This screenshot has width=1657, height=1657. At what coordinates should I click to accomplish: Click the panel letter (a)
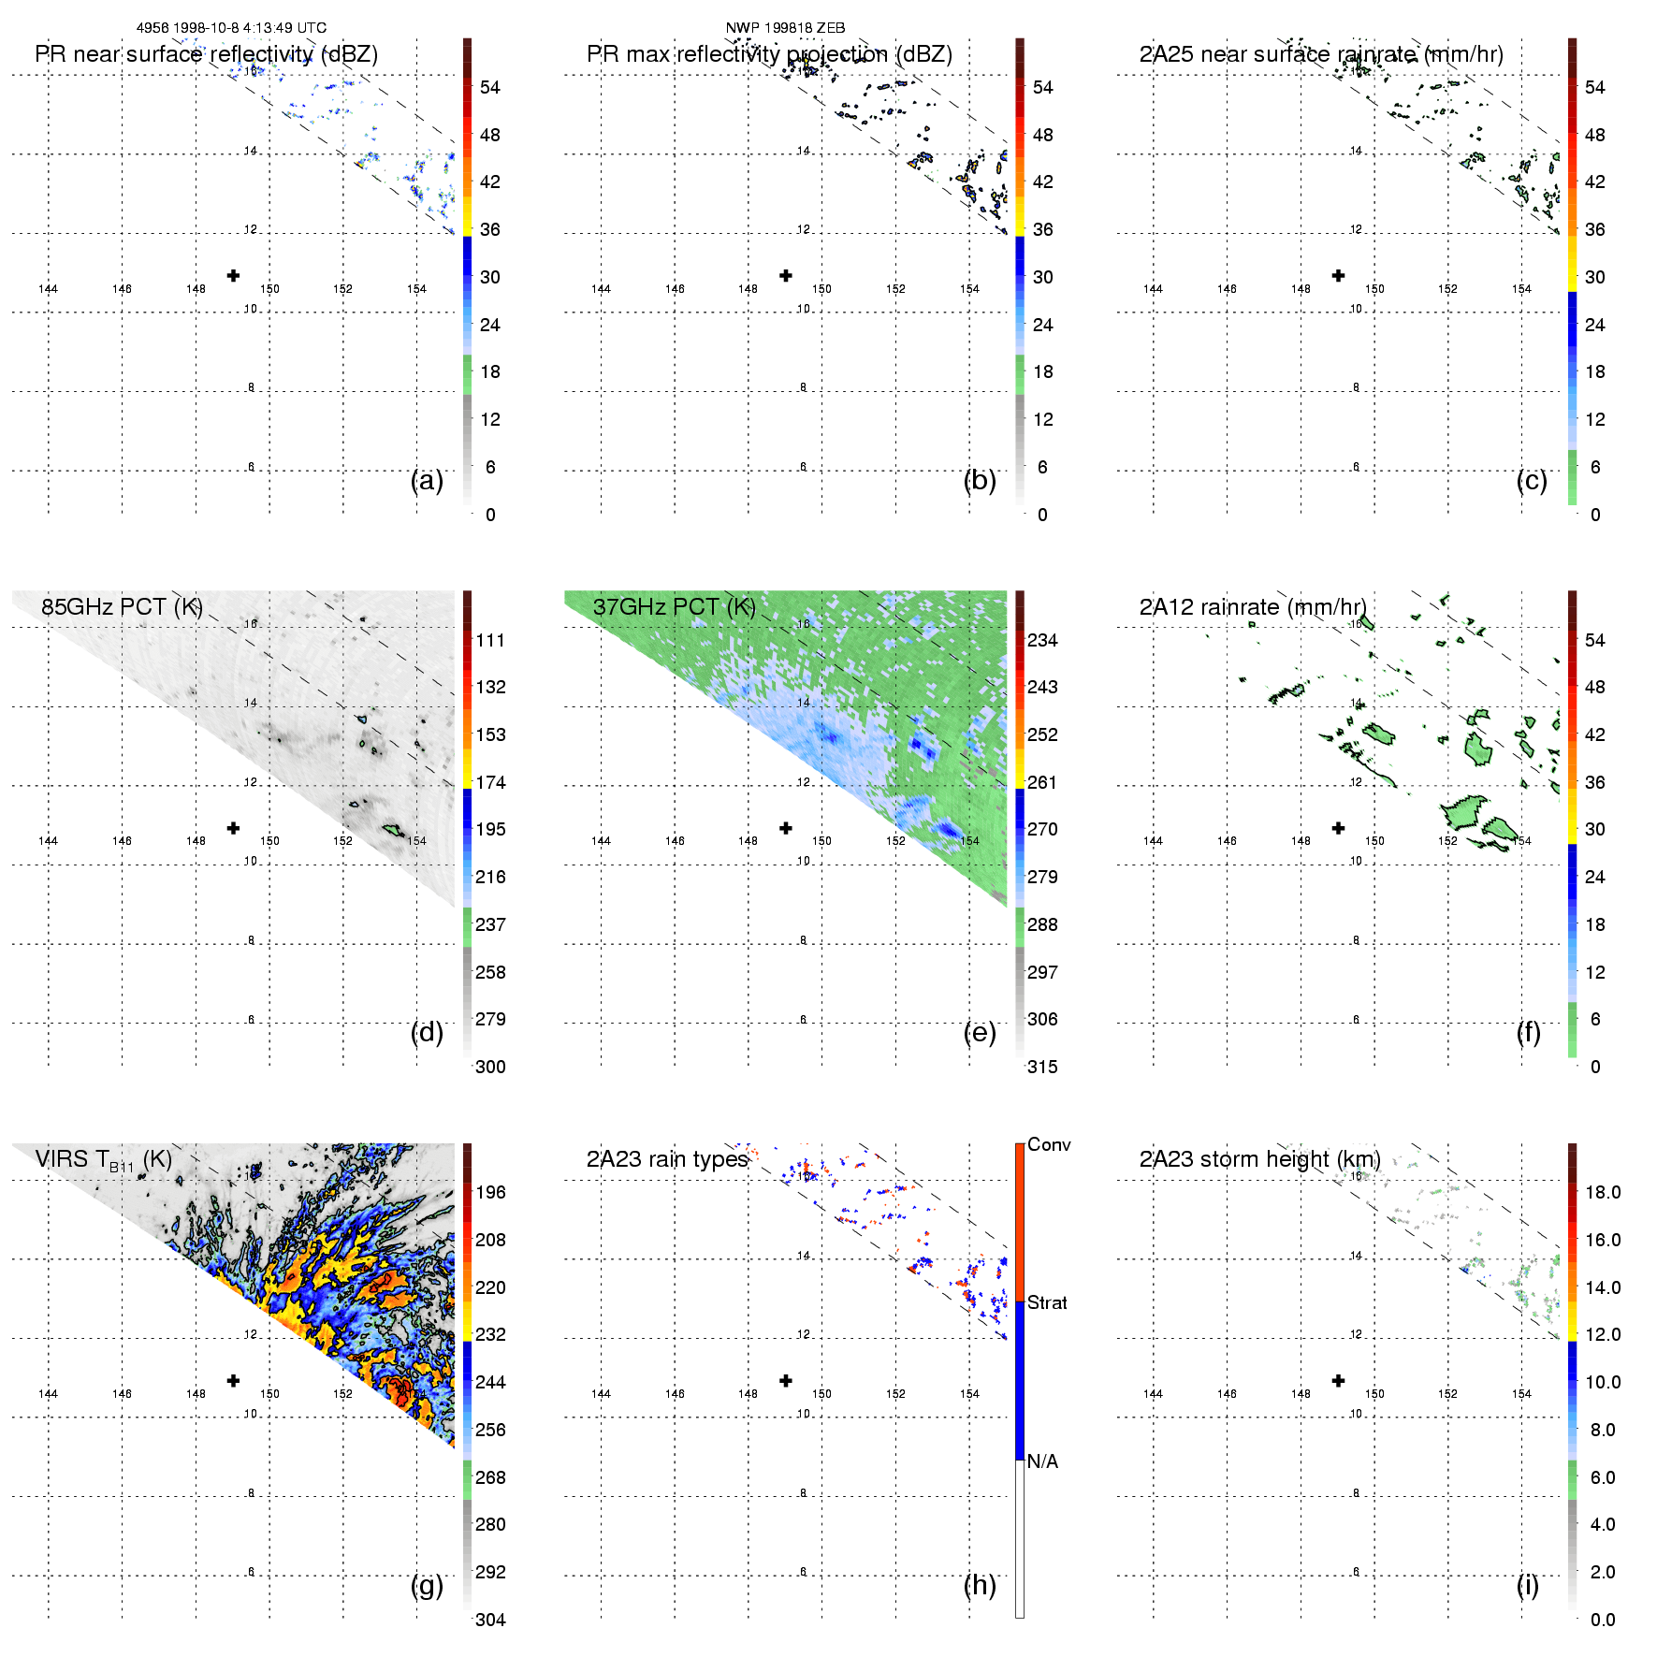(x=427, y=481)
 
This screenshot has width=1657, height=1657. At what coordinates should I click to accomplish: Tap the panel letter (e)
(x=979, y=1033)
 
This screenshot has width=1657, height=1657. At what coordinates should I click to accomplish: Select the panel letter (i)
(x=1527, y=1585)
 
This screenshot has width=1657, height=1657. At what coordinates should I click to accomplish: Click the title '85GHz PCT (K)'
(x=122, y=607)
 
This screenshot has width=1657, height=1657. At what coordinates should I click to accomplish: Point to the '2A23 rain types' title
(x=667, y=1159)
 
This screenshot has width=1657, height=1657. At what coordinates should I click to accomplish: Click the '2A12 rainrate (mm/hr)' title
(x=1252, y=607)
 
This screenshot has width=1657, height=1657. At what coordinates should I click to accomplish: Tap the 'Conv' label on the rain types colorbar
(x=1049, y=1144)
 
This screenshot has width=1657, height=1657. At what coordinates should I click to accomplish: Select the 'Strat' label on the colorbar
(x=1047, y=1302)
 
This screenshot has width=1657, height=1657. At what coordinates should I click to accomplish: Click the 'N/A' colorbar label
(x=1042, y=1461)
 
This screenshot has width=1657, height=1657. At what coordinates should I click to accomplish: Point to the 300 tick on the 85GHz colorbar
(x=490, y=1067)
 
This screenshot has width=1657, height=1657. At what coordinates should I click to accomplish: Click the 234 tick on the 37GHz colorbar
(x=1042, y=640)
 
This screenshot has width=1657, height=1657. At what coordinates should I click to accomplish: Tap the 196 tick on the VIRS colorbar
(x=490, y=1192)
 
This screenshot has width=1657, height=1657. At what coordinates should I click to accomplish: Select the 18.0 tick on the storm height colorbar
(x=1603, y=1192)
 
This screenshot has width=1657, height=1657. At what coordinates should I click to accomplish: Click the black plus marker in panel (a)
(x=233, y=275)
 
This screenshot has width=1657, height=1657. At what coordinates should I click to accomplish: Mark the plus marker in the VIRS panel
(x=233, y=1380)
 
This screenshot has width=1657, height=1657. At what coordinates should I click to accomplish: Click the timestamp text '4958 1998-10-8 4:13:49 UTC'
(x=231, y=28)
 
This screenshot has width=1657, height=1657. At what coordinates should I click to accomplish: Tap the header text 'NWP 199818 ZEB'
(x=785, y=28)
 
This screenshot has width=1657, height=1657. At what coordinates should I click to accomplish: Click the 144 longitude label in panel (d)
(x=48, y=841)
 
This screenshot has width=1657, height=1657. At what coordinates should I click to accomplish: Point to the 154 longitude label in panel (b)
(x=969, y=289)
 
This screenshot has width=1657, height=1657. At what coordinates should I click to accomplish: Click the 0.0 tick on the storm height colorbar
(x=1603, y=1620)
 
